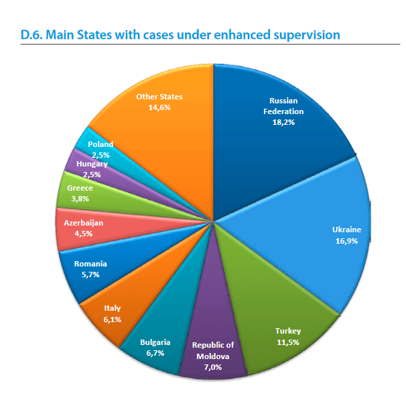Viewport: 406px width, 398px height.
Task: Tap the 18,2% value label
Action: pyautogui.click(x=282, y=123)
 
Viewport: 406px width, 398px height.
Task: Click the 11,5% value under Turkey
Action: pyautogui.click(x=288, y=342)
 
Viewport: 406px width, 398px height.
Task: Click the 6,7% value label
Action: pyautogui.click(x=155, y=353)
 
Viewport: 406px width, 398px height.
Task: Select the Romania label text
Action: pyautogui.click(x=90, y=264)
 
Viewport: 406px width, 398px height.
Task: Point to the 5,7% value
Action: pyautogui.click(x=90, y=275)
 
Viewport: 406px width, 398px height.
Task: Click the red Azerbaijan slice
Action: pyautogui.click(x=100, y=228)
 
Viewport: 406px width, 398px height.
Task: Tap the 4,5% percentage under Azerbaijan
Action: pyautogui.click(x=83, y=234)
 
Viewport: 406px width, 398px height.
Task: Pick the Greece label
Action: pyautogui.click(x=80, y=188)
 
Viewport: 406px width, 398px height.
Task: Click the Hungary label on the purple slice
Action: pyautogui.click(x=90, y=164)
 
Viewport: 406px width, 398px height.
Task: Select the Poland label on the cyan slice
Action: pyautogui.click(x=100, y=144)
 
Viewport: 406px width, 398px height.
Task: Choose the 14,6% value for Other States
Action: pyautogui.click(x=159, y=107)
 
